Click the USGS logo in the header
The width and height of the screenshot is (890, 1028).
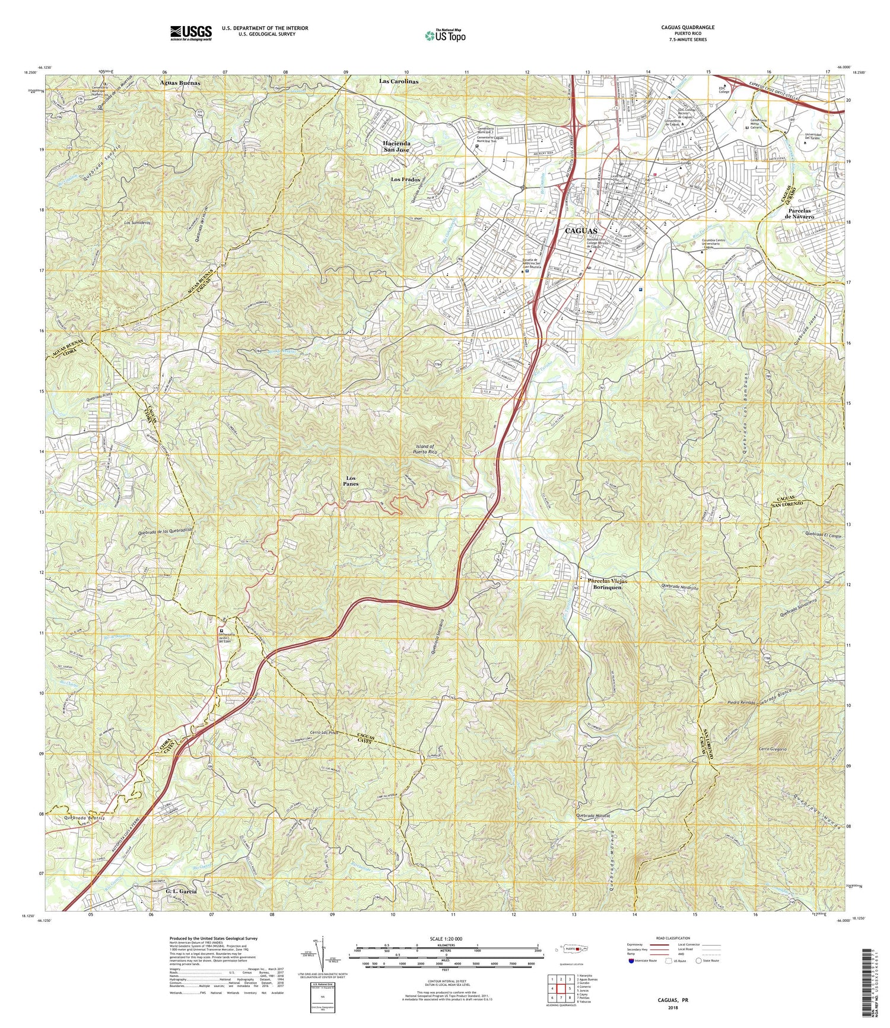[190, 33]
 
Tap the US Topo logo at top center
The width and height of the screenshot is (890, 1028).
[445, 36]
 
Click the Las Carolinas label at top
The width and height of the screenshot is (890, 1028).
[399, 81]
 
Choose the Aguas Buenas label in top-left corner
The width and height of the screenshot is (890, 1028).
[180, 83]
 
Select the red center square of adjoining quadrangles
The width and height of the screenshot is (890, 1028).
[561, 989]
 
